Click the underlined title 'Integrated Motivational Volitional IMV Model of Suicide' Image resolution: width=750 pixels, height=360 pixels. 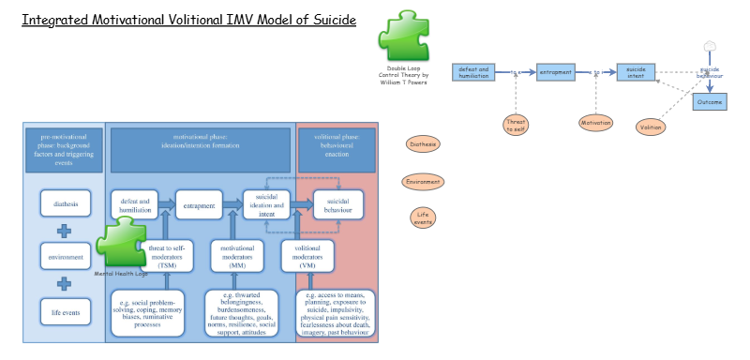188,21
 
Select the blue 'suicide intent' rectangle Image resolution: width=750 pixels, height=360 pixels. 636,72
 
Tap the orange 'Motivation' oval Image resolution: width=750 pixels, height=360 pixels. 595,122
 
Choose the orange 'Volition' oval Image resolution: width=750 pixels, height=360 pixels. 652,127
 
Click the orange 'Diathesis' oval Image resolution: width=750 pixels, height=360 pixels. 423,143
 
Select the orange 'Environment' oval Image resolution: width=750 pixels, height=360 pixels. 423,182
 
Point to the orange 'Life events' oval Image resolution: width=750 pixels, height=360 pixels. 423,217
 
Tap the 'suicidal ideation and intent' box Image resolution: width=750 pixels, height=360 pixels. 267,204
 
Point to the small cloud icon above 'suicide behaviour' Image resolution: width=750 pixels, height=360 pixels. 710,46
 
